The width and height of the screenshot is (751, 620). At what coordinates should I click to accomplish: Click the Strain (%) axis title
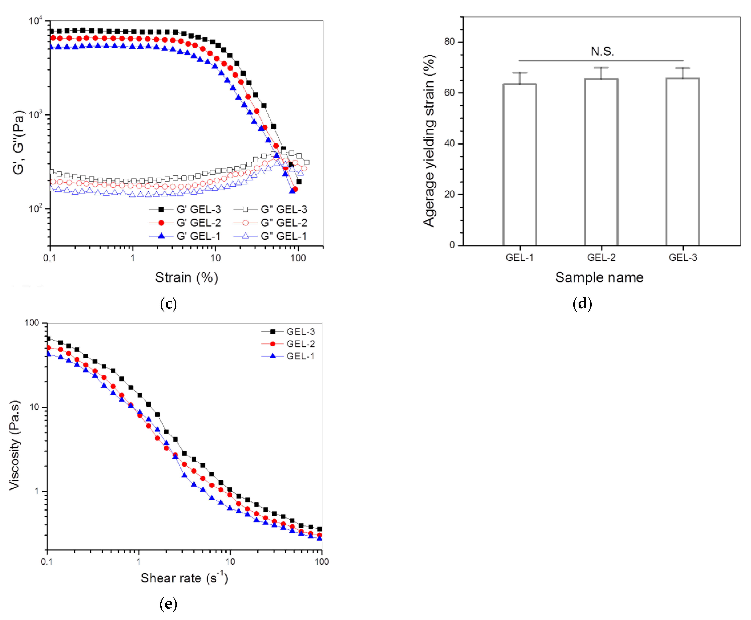[186, 278]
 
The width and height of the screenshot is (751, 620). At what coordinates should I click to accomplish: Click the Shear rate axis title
[184, 578]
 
